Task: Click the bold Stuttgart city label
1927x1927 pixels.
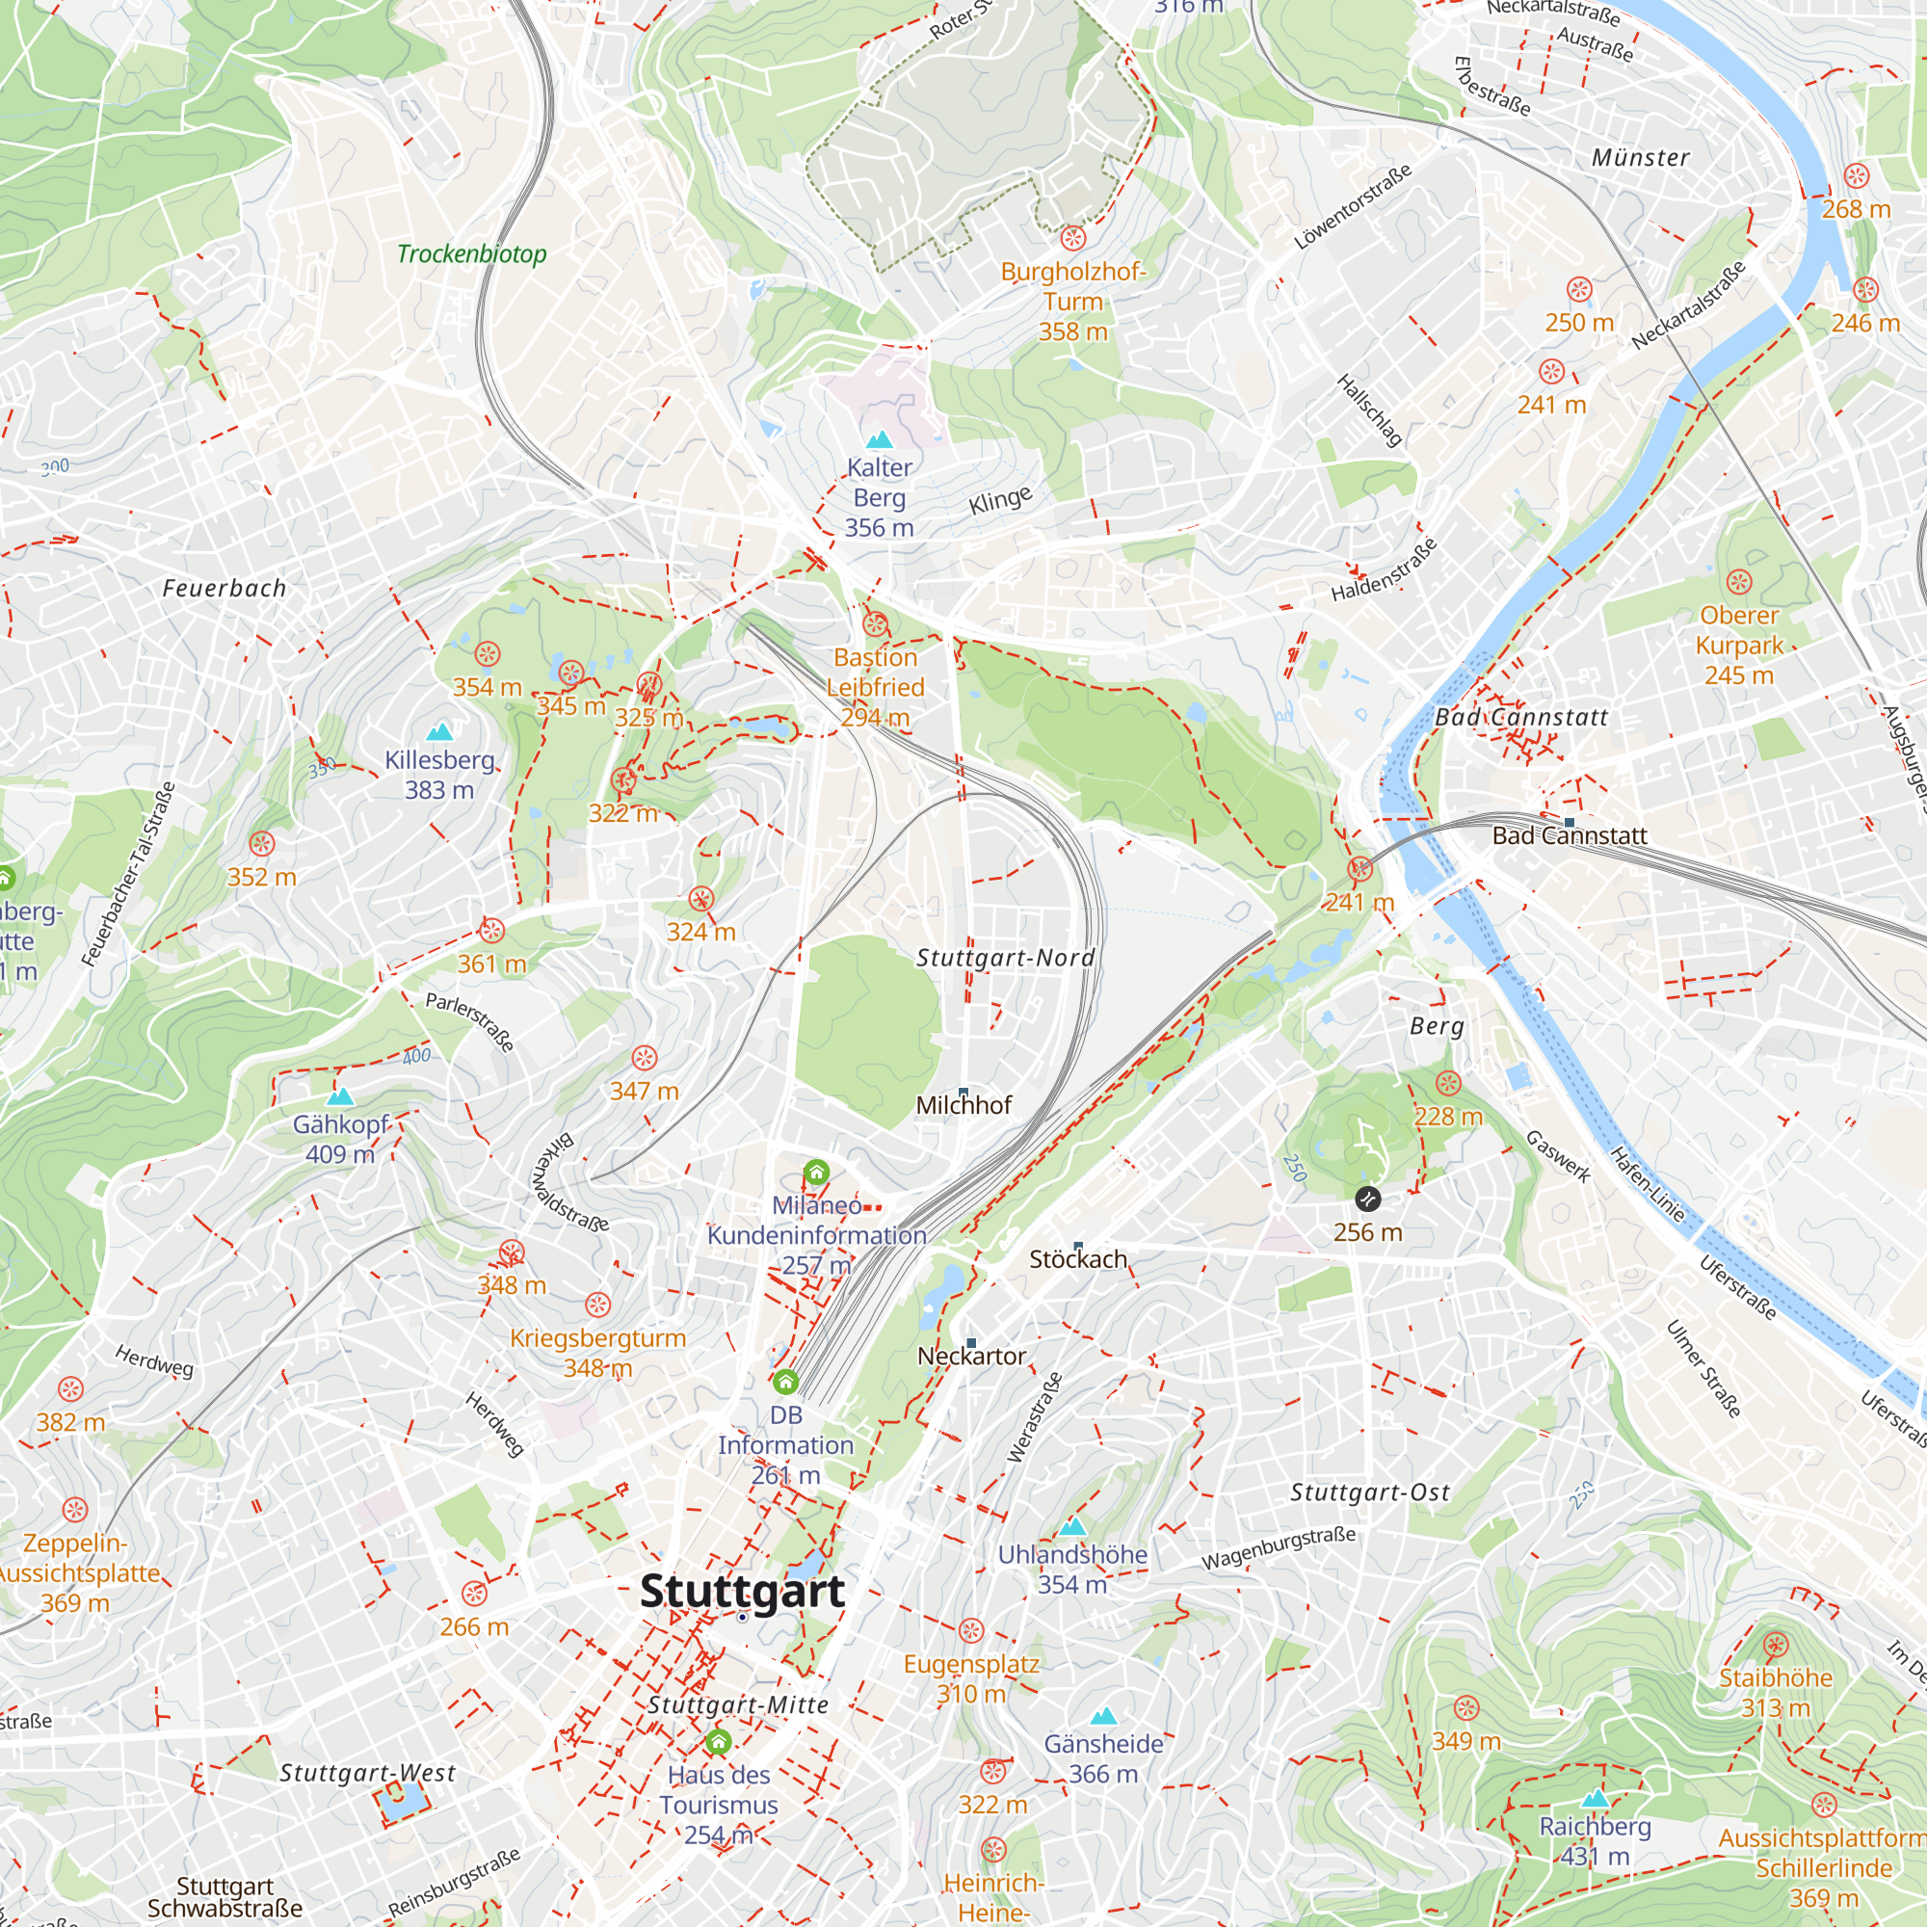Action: point(742,1591)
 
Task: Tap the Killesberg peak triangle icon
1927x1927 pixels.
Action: point(440,733)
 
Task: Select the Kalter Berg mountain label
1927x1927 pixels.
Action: point(879,497)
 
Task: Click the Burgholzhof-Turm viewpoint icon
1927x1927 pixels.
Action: point(1072,238)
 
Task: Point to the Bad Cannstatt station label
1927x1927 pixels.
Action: point(1569,835)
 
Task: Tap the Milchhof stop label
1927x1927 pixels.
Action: point(963,1105)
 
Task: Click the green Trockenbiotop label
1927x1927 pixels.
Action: point(472,253)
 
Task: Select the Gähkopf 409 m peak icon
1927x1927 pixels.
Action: point(340,1097)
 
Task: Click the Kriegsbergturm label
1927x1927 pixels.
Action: point(597,1338)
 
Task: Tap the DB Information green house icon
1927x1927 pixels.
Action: point(786,1382)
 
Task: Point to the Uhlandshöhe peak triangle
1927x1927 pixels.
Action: point(1072,1527)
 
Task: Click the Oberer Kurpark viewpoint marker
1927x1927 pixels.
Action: point(1738,582)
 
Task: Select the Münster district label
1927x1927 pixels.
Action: point(1641,158)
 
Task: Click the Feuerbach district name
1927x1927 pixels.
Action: point(224,589)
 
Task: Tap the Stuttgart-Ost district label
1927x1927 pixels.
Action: point(1369,1492)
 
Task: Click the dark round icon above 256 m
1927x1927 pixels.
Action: point(1367,1199)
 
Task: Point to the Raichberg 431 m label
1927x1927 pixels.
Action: point(1595,1841)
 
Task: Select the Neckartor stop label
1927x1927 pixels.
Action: point(971,1357)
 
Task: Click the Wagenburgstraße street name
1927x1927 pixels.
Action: point(1278,1548)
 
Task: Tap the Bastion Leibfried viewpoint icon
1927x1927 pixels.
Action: point(875,625)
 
